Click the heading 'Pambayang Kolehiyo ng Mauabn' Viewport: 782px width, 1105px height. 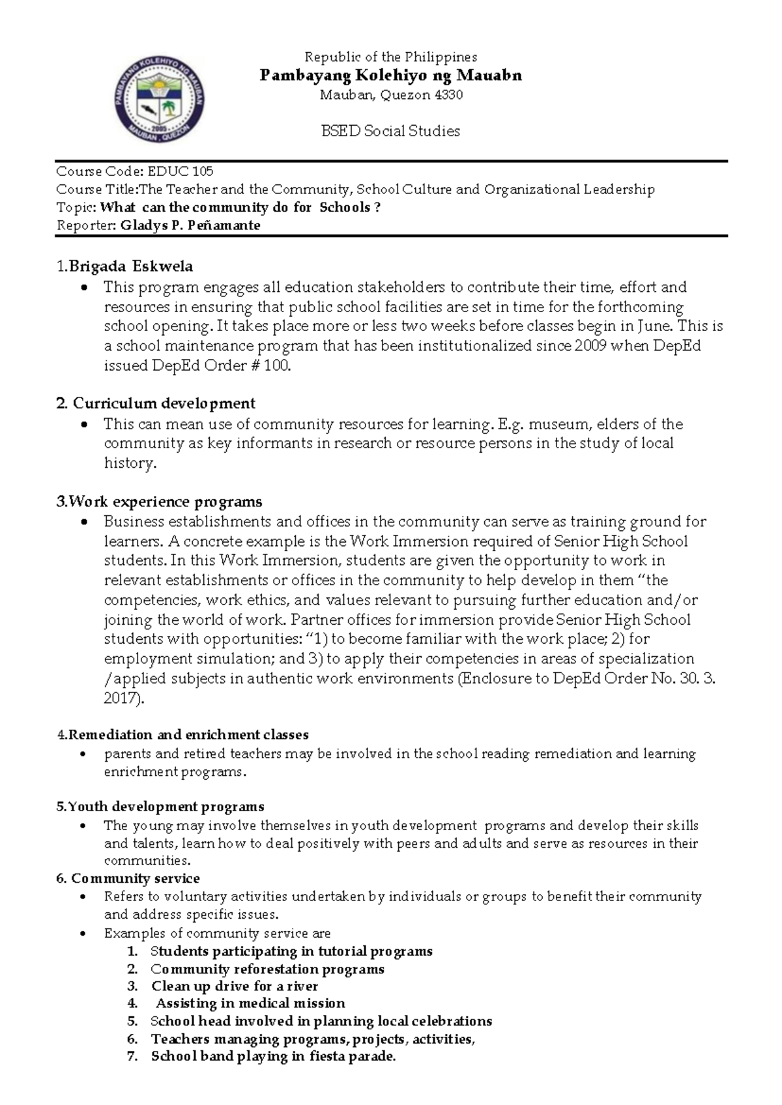[390, 76]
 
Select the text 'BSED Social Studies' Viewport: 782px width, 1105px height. [390, 131]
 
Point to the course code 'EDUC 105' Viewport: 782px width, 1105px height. [181, 171]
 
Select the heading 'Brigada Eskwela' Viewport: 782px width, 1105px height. [130, 266]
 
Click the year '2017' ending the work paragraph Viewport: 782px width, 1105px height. [121, 698]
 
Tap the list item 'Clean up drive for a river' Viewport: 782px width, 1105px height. [235, 986]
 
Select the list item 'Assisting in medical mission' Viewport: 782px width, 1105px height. [250, 1003]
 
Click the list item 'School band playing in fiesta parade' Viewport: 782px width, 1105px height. [273, 1056]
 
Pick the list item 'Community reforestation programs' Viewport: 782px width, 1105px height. [267, 969]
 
